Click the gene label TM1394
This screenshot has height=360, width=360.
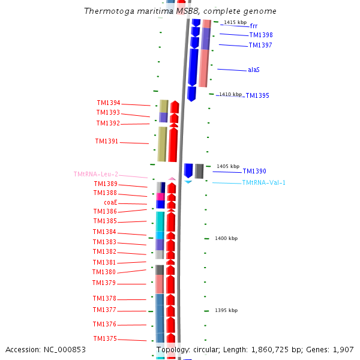tap(108, 103)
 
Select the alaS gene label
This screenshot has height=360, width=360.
tap(253, 70)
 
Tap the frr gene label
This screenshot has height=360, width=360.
tap(253, 26)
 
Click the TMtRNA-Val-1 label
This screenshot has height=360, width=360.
tap(263, 182)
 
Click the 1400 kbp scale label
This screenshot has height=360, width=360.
tap(226, 238)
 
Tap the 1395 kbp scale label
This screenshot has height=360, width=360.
tap(226, 310)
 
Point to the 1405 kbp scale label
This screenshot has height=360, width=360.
tap(228, 166)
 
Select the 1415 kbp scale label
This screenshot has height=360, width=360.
tap(235, 22)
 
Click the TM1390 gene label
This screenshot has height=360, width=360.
tap(254, 171)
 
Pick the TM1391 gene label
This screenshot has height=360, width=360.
tap(107, 142)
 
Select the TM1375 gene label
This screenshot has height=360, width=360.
tap(105, 338)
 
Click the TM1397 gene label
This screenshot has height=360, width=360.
tap(260, 45)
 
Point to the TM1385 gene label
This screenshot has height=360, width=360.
tap(105, 221)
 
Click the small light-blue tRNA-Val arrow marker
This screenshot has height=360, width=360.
tap(188, 181)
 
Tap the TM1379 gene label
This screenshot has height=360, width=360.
tap(104, 283)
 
